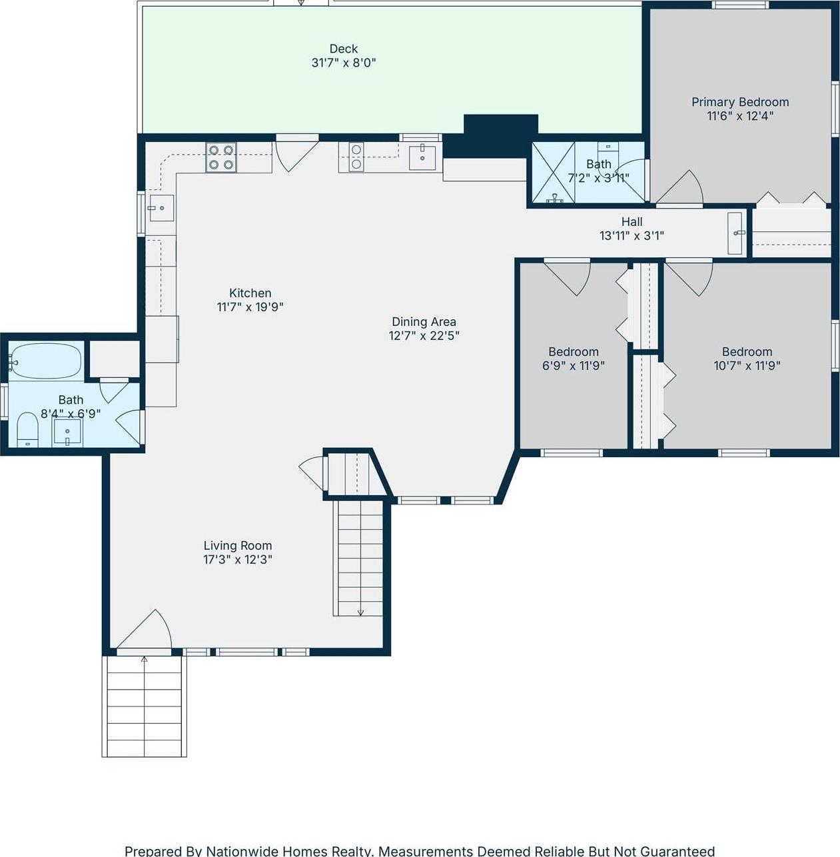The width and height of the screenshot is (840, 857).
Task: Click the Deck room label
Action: coord(343,49)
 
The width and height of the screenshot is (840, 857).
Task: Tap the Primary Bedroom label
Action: coord(739,102)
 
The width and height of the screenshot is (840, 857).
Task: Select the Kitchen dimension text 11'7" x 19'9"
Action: coord(250,307)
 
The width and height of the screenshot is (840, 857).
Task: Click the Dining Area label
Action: coord(424,322)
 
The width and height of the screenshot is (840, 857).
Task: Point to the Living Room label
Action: coord(237,545)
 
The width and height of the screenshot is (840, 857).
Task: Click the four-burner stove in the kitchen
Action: coord(221,157)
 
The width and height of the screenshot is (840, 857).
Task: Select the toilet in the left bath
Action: coord(27,429)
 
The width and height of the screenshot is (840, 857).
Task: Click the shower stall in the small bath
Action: coord(552,173)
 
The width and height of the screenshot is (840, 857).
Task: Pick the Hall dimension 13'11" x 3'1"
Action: coord(631,235)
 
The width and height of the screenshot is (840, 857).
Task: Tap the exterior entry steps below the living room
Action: coord(145,706)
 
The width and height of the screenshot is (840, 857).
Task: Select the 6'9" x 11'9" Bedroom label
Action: coord(573,352)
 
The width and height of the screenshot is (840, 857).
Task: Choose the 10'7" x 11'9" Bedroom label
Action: coord(747,352)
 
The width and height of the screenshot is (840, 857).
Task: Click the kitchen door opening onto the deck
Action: coord(295,153)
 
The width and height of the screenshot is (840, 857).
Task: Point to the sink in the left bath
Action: coord(67,434)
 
